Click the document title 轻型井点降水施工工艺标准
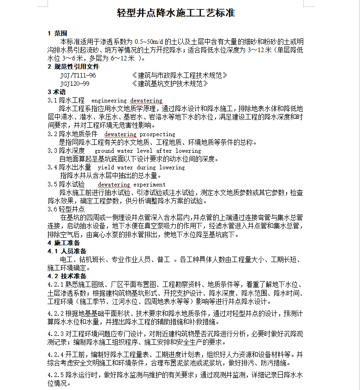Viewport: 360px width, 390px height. point(176,13)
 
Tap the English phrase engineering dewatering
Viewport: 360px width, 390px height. point(127,100)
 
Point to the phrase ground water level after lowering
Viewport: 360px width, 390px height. point(148,150)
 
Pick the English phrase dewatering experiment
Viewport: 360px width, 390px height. point(132,184)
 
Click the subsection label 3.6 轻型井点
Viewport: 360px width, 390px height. point(66,209)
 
